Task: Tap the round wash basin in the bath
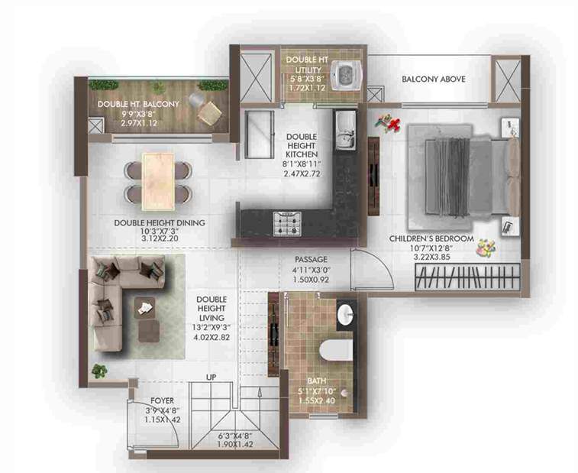[x=345, y=316]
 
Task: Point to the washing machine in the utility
[x=348, y=75]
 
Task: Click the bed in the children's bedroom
[x=454, y=172]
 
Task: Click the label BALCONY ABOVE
[x=434, y=79]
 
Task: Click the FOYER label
[x=161, y=400]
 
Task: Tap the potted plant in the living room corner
[x=98, y=371]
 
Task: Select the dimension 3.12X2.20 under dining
[x=158, y=239]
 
